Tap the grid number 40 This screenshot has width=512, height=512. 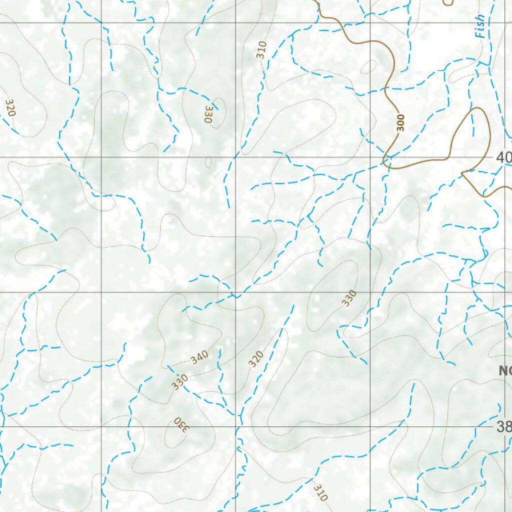click(504, 158)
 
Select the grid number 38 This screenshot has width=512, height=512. click(504, 427)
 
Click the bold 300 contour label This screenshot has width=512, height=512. click(400, 123)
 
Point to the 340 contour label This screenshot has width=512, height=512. click(199, 357)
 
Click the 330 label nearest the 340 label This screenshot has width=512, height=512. click(179, 381)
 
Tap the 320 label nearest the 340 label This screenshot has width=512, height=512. click(256, 358)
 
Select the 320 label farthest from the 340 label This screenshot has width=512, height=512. click(9, 107)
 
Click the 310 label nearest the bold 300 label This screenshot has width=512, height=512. click(261, 50)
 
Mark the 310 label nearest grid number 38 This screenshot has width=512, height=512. click(320, 492)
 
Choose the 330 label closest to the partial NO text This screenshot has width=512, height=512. click(349, 298)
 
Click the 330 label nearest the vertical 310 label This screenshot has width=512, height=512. click(208, 114)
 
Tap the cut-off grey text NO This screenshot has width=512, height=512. click(505, 370)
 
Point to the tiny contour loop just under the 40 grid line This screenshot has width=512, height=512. click(208, 162)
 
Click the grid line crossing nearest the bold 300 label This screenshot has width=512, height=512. click(370, 157)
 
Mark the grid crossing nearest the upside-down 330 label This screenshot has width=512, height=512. click(236, 427)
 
